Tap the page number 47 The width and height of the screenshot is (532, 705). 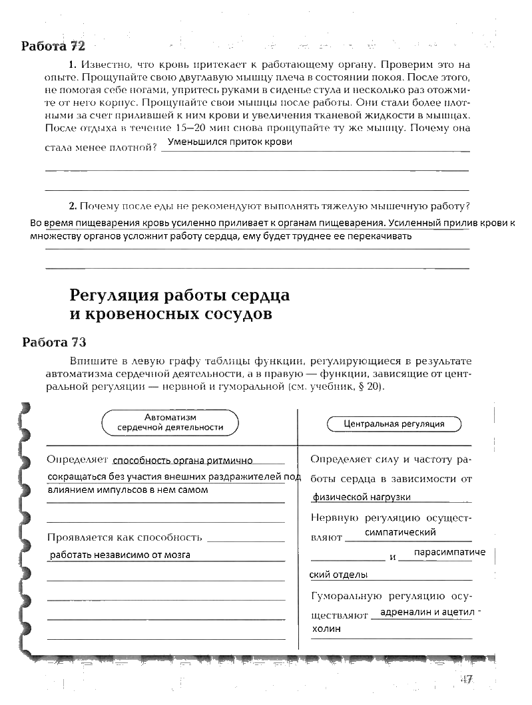pyautogui.click(x=465, y=679)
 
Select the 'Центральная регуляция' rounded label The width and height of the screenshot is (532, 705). pyautogui.click(x=394, y=423)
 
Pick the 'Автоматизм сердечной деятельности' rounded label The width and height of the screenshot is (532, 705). pyautogui.click(x=170, y=422)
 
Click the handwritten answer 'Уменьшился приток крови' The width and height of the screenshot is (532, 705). pyautogui.click(x=230, y=142)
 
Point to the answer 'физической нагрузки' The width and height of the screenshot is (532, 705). pyautogui.click(x=362, y=497)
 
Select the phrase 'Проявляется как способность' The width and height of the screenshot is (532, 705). pyautogui.click(x=125, y=537)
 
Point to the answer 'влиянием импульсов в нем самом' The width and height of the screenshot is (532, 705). pyautogui.click(x=129, y=490)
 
